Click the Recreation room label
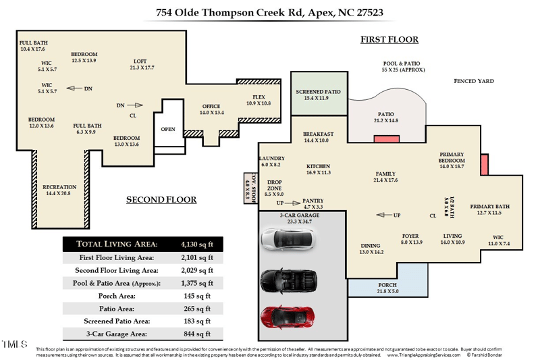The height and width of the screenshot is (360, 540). (x=59, y=187)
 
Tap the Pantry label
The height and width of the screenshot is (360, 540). (x=313, y=201)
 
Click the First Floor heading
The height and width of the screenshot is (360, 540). (x=389, y=40)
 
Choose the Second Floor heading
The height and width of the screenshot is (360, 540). (x=161, y=200)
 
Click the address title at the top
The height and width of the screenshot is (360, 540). (x=269, y=11)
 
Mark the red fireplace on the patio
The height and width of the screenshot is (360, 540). (x=386, y=139)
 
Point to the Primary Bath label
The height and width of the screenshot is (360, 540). (x=489, y=207)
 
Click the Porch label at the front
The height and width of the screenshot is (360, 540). (x=387, y=285)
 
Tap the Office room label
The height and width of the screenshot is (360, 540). (x=211, y=107)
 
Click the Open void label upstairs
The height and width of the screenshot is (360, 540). (x=167, y=129)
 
